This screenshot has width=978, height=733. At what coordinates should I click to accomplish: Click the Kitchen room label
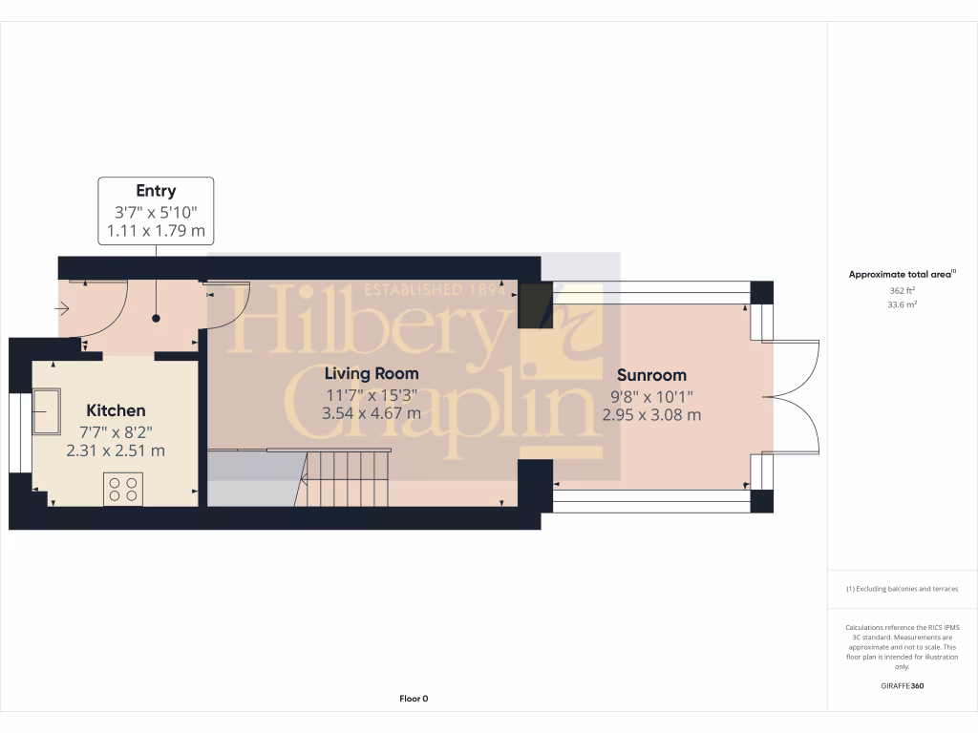coord(118,410)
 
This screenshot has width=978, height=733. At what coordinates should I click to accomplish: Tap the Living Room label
coord(371,373)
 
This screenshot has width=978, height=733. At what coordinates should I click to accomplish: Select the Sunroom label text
coord(651,375)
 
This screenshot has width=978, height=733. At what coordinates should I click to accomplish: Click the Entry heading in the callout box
coord(156,191)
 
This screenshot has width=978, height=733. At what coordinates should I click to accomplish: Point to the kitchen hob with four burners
coord(122,489)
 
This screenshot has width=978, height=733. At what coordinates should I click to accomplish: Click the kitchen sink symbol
coord(46,410)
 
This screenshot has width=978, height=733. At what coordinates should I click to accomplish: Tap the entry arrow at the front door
coord(63,308)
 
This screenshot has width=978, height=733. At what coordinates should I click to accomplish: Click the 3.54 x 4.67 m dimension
coord(371,413)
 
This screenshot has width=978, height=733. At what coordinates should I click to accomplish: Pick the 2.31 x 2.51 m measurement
coord(116,450)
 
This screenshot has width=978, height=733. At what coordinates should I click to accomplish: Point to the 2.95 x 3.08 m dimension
coord(651,414)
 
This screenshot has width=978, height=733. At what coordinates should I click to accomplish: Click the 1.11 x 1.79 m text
coord(156,230)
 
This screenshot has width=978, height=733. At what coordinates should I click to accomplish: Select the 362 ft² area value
coord(903,290)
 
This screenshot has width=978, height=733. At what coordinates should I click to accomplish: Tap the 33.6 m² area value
coord(903,305)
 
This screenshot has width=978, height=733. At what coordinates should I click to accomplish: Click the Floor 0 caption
coord(414,699)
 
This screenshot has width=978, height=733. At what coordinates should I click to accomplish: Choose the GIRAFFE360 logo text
coord(903,686)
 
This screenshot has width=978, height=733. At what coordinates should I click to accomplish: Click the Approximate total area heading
coord(903,275)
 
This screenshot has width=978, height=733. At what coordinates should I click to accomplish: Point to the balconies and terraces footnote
coord(903,589)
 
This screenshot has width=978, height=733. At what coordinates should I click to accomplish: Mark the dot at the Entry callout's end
coord(156,320)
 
